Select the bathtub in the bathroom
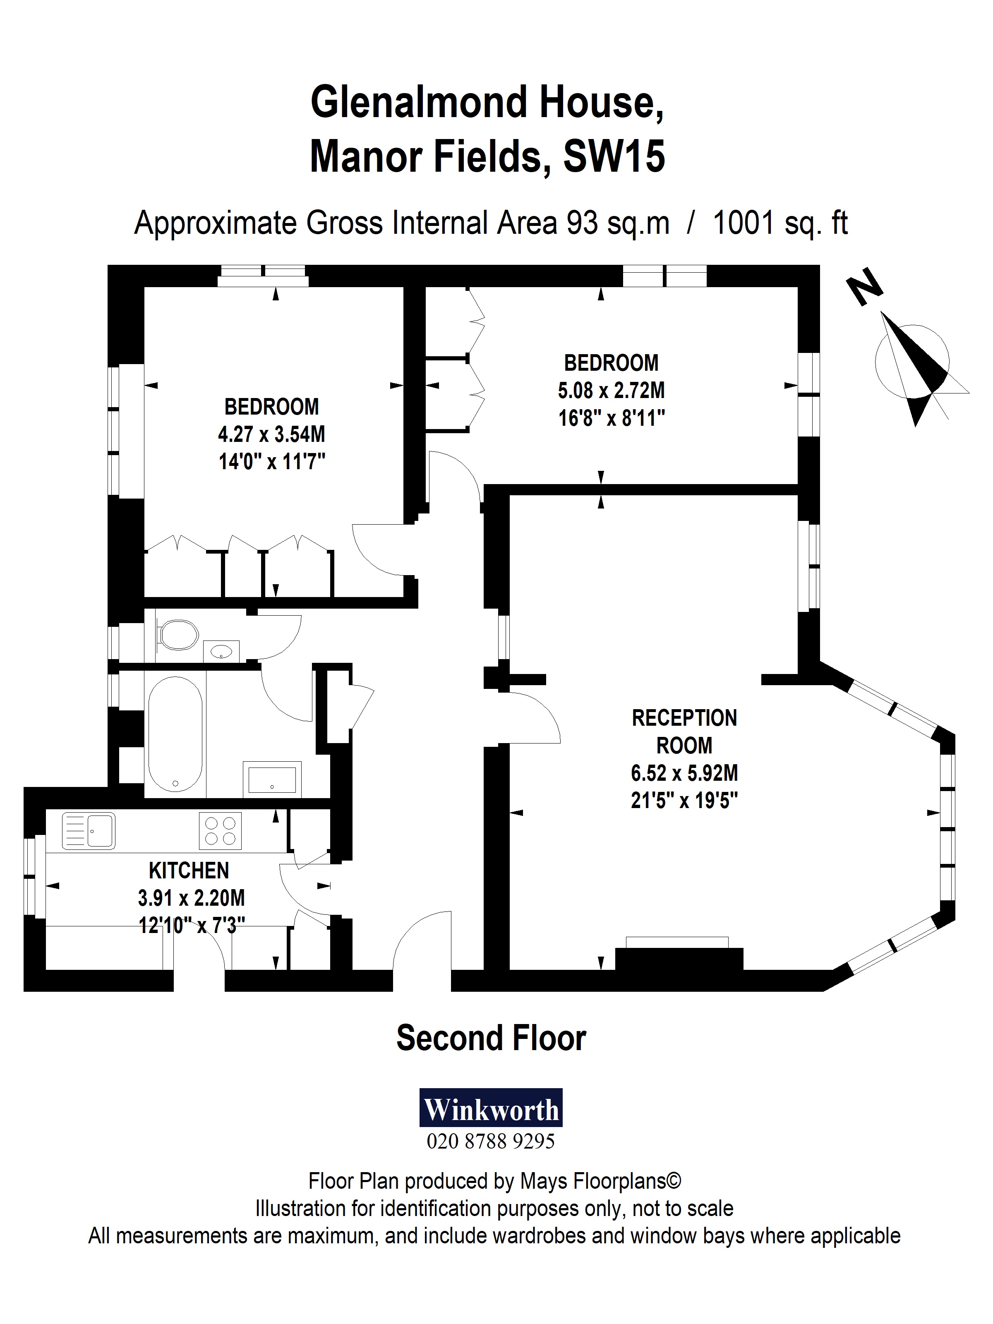pyautogui.click(x=175, y=734)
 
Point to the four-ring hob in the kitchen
pyautogui.click(x=220, y=830)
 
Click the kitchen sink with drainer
pyautogui.click(x=89, y=830)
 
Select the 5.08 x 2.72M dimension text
pyautogui.click(x=611, y=390)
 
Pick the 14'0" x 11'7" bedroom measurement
pyautogui.click(x=272, y=461)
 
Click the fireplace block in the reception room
pyautogui.click(x=679, y=959)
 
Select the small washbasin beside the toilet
pyautogui.click(x=221, y=651)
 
